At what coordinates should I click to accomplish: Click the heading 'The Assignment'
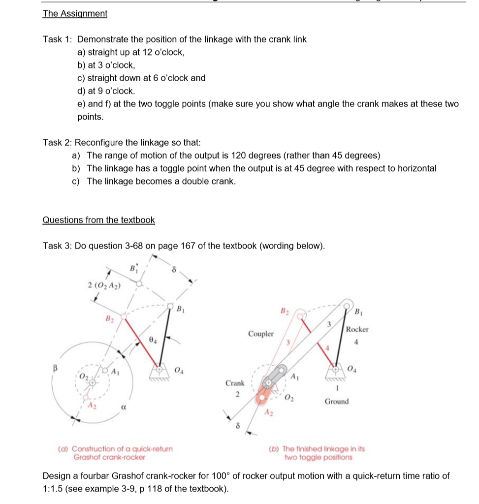pos(75,14)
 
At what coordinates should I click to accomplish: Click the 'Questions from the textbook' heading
pos(98,220)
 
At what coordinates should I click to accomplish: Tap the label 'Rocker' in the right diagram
pos(357,329)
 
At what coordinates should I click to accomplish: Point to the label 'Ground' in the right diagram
pos(336,401)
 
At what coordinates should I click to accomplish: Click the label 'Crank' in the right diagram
pos(235,382)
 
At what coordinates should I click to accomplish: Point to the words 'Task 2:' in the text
pos(58,143)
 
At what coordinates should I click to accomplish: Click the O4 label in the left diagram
pos(178,370)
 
